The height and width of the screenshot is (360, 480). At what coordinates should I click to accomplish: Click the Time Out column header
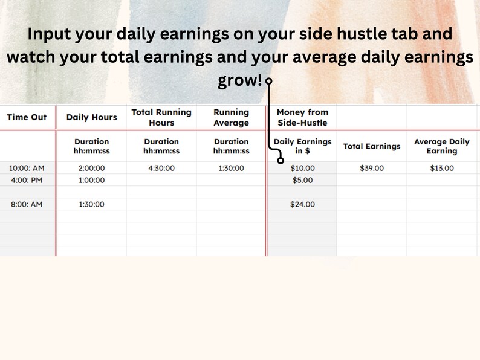(x=27, y=117)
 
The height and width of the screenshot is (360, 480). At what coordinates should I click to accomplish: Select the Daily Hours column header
(x=91, y=117)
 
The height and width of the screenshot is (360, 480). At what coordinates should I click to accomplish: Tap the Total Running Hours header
(x=161, y=117)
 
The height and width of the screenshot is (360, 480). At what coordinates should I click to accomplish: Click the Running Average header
(x=231, y=117)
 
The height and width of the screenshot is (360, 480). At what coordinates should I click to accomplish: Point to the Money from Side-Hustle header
(x=302, y=117)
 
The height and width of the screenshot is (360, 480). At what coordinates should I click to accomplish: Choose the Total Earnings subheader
(x=372, y=146)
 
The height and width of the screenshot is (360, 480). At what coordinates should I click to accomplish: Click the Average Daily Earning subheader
(x=442, y=146)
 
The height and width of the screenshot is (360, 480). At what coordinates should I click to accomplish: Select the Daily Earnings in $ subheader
(x=302, y=146)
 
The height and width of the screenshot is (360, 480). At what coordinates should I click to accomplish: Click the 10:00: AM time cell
(x=27, y=168)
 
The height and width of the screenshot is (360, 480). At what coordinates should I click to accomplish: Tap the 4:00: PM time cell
(x=27, y=180)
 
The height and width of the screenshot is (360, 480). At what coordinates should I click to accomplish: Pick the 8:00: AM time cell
(x=27, y=204)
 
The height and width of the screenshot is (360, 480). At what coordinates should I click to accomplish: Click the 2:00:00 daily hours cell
(x=91, y=168)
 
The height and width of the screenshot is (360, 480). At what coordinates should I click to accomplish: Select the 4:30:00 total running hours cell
(x=161, y=168)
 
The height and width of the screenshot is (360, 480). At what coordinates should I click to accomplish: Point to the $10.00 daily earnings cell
(x=302, y=168)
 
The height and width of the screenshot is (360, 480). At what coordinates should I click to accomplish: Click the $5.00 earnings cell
(x=302, y=180)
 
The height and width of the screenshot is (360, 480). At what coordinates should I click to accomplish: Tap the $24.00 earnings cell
(x=302, y=204)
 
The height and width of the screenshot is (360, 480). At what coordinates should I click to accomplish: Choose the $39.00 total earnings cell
(x=372, y=168)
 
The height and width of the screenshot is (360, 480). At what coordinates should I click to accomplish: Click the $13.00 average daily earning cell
(x=442, y=168)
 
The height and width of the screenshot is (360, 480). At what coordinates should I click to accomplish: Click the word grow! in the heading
(x=240, y=81)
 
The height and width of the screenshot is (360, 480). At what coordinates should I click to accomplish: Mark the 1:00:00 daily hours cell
(x=91, y=180)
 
